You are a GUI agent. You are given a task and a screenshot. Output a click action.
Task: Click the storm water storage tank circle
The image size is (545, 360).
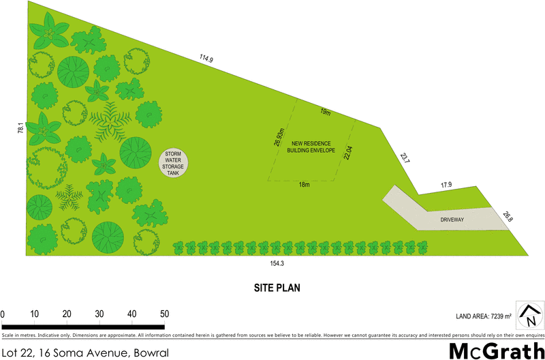pos(175,163)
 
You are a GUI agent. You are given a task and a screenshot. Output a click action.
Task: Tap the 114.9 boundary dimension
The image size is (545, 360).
pos(206,60)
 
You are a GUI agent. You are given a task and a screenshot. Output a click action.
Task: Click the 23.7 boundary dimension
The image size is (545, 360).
pos(405,158)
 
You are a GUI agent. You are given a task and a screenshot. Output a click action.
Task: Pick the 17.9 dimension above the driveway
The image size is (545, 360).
pos(446,185)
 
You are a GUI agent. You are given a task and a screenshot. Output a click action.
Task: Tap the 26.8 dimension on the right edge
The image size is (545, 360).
pos(507,217)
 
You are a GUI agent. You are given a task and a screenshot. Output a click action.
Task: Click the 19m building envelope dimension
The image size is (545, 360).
pos(326,112)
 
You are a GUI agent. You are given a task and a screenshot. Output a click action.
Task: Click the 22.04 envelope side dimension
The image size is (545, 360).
pos(347,154)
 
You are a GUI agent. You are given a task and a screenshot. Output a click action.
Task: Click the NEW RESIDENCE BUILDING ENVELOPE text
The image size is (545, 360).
pos(311,147)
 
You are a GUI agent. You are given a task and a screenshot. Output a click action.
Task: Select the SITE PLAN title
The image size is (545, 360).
pos(272,288)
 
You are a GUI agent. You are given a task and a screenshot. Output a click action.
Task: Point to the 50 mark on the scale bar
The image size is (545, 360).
pos(164,314)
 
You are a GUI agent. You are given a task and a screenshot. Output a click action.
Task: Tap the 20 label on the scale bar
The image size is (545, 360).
pos(67,314)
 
